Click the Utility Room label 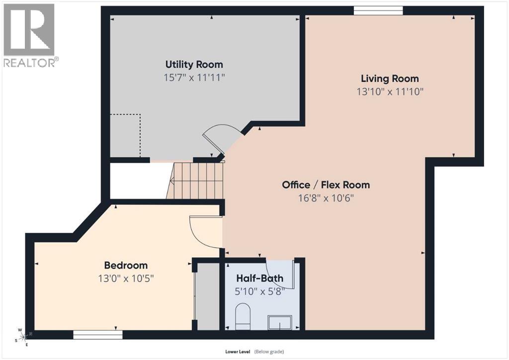[x=194, y=64]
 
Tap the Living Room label [x=390, y=79]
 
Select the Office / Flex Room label [x=326, y=184]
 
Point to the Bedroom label [x=126, y=265]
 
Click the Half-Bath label [x=259, y=278]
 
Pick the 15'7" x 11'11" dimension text [x=194, y=78]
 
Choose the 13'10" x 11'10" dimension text [x=390, y=91]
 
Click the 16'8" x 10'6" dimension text [x=326, y=198]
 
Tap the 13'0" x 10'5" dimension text [x=126, y=278]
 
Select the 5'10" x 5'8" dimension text [x=259, y=291]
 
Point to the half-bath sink [x=280, y=322]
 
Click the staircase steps [x=195, y=180]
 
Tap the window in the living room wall [x=378, y=11]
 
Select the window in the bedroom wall [x=98, y=335]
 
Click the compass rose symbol [x=24, y=337]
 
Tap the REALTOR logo [x=30, y=35]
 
